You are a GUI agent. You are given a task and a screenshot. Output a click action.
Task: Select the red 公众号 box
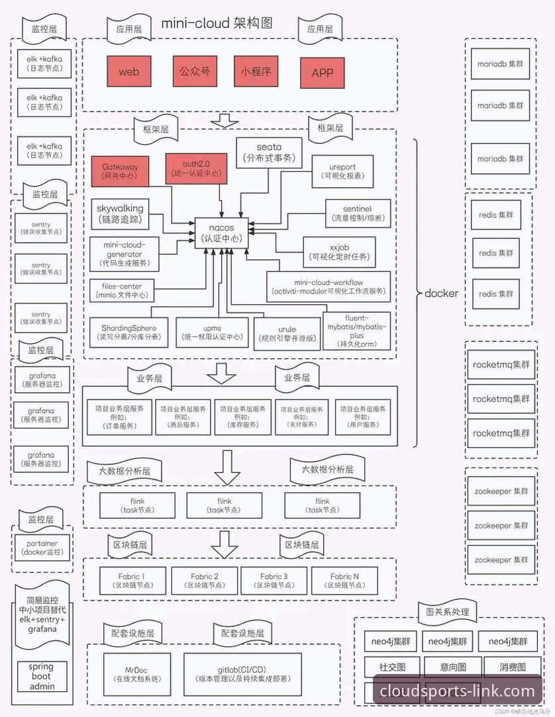(x=195, y=71)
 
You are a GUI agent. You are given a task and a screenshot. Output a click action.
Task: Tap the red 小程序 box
(x=256, y=71)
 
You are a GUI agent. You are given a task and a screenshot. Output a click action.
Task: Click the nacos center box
(x=221, y=233)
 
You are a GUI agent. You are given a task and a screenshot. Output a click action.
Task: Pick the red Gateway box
(x=120, y=169)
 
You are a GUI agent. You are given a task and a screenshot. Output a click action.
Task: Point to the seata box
(x=269, y=152)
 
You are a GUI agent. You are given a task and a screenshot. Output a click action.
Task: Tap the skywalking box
(x=119, y=213)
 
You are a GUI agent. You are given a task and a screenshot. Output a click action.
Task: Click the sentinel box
(x=358, y=213)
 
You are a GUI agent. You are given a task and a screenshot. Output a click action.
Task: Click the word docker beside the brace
(x=441, y=293)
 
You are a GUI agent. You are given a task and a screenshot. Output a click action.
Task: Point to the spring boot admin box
(x=41, y=677)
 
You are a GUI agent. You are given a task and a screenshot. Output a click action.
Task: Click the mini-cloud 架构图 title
(x=217, y=24)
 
